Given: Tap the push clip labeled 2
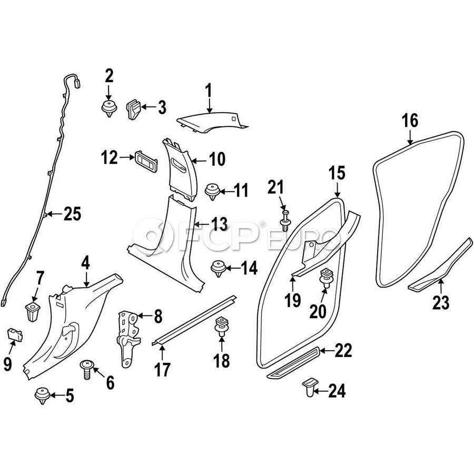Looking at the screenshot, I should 109,110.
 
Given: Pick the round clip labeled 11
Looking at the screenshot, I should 212,191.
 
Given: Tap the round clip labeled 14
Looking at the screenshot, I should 216,268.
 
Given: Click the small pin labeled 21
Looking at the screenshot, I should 285,221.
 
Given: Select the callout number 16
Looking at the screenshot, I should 410,121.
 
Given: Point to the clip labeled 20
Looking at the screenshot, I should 327,277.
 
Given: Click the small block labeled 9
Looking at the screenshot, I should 13,334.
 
